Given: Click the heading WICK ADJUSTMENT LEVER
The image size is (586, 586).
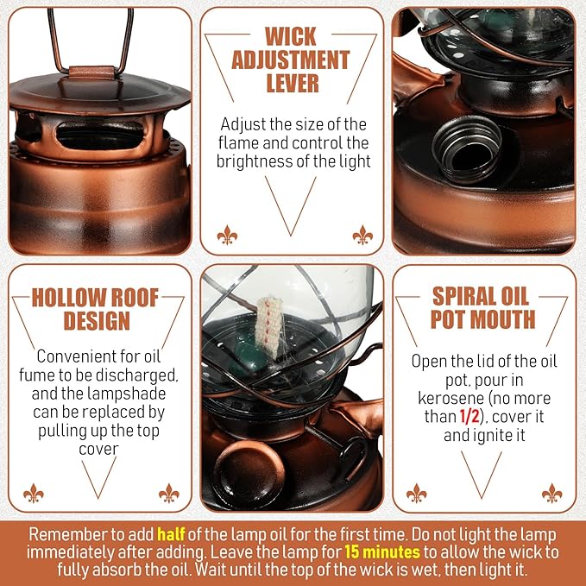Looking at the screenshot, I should (292, 60).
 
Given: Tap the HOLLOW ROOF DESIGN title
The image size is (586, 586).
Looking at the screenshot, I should (95, 310).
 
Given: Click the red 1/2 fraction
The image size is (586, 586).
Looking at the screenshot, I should (466, 418).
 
